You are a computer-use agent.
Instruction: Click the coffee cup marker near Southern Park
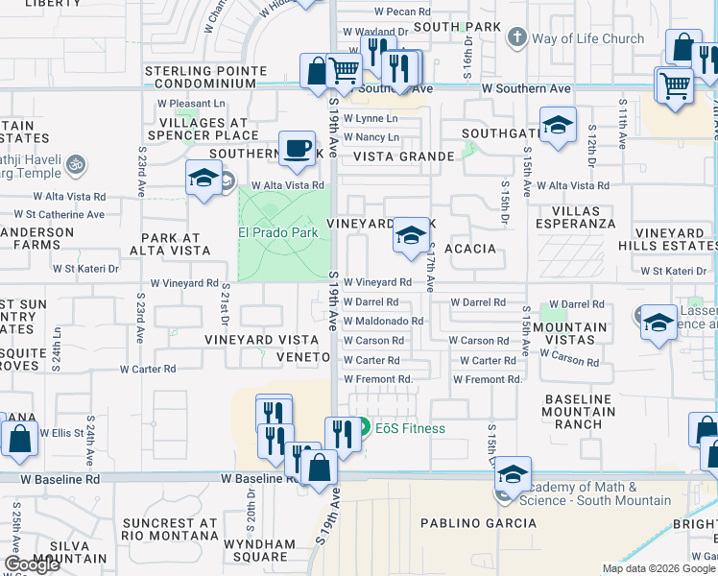[297, 149]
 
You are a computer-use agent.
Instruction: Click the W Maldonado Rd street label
[384, 322]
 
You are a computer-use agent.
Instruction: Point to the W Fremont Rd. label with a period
[378, 380]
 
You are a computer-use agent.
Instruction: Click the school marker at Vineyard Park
[410, 234]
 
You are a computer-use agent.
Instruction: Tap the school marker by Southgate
[558, 126]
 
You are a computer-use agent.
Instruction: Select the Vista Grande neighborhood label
[403, 156]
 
